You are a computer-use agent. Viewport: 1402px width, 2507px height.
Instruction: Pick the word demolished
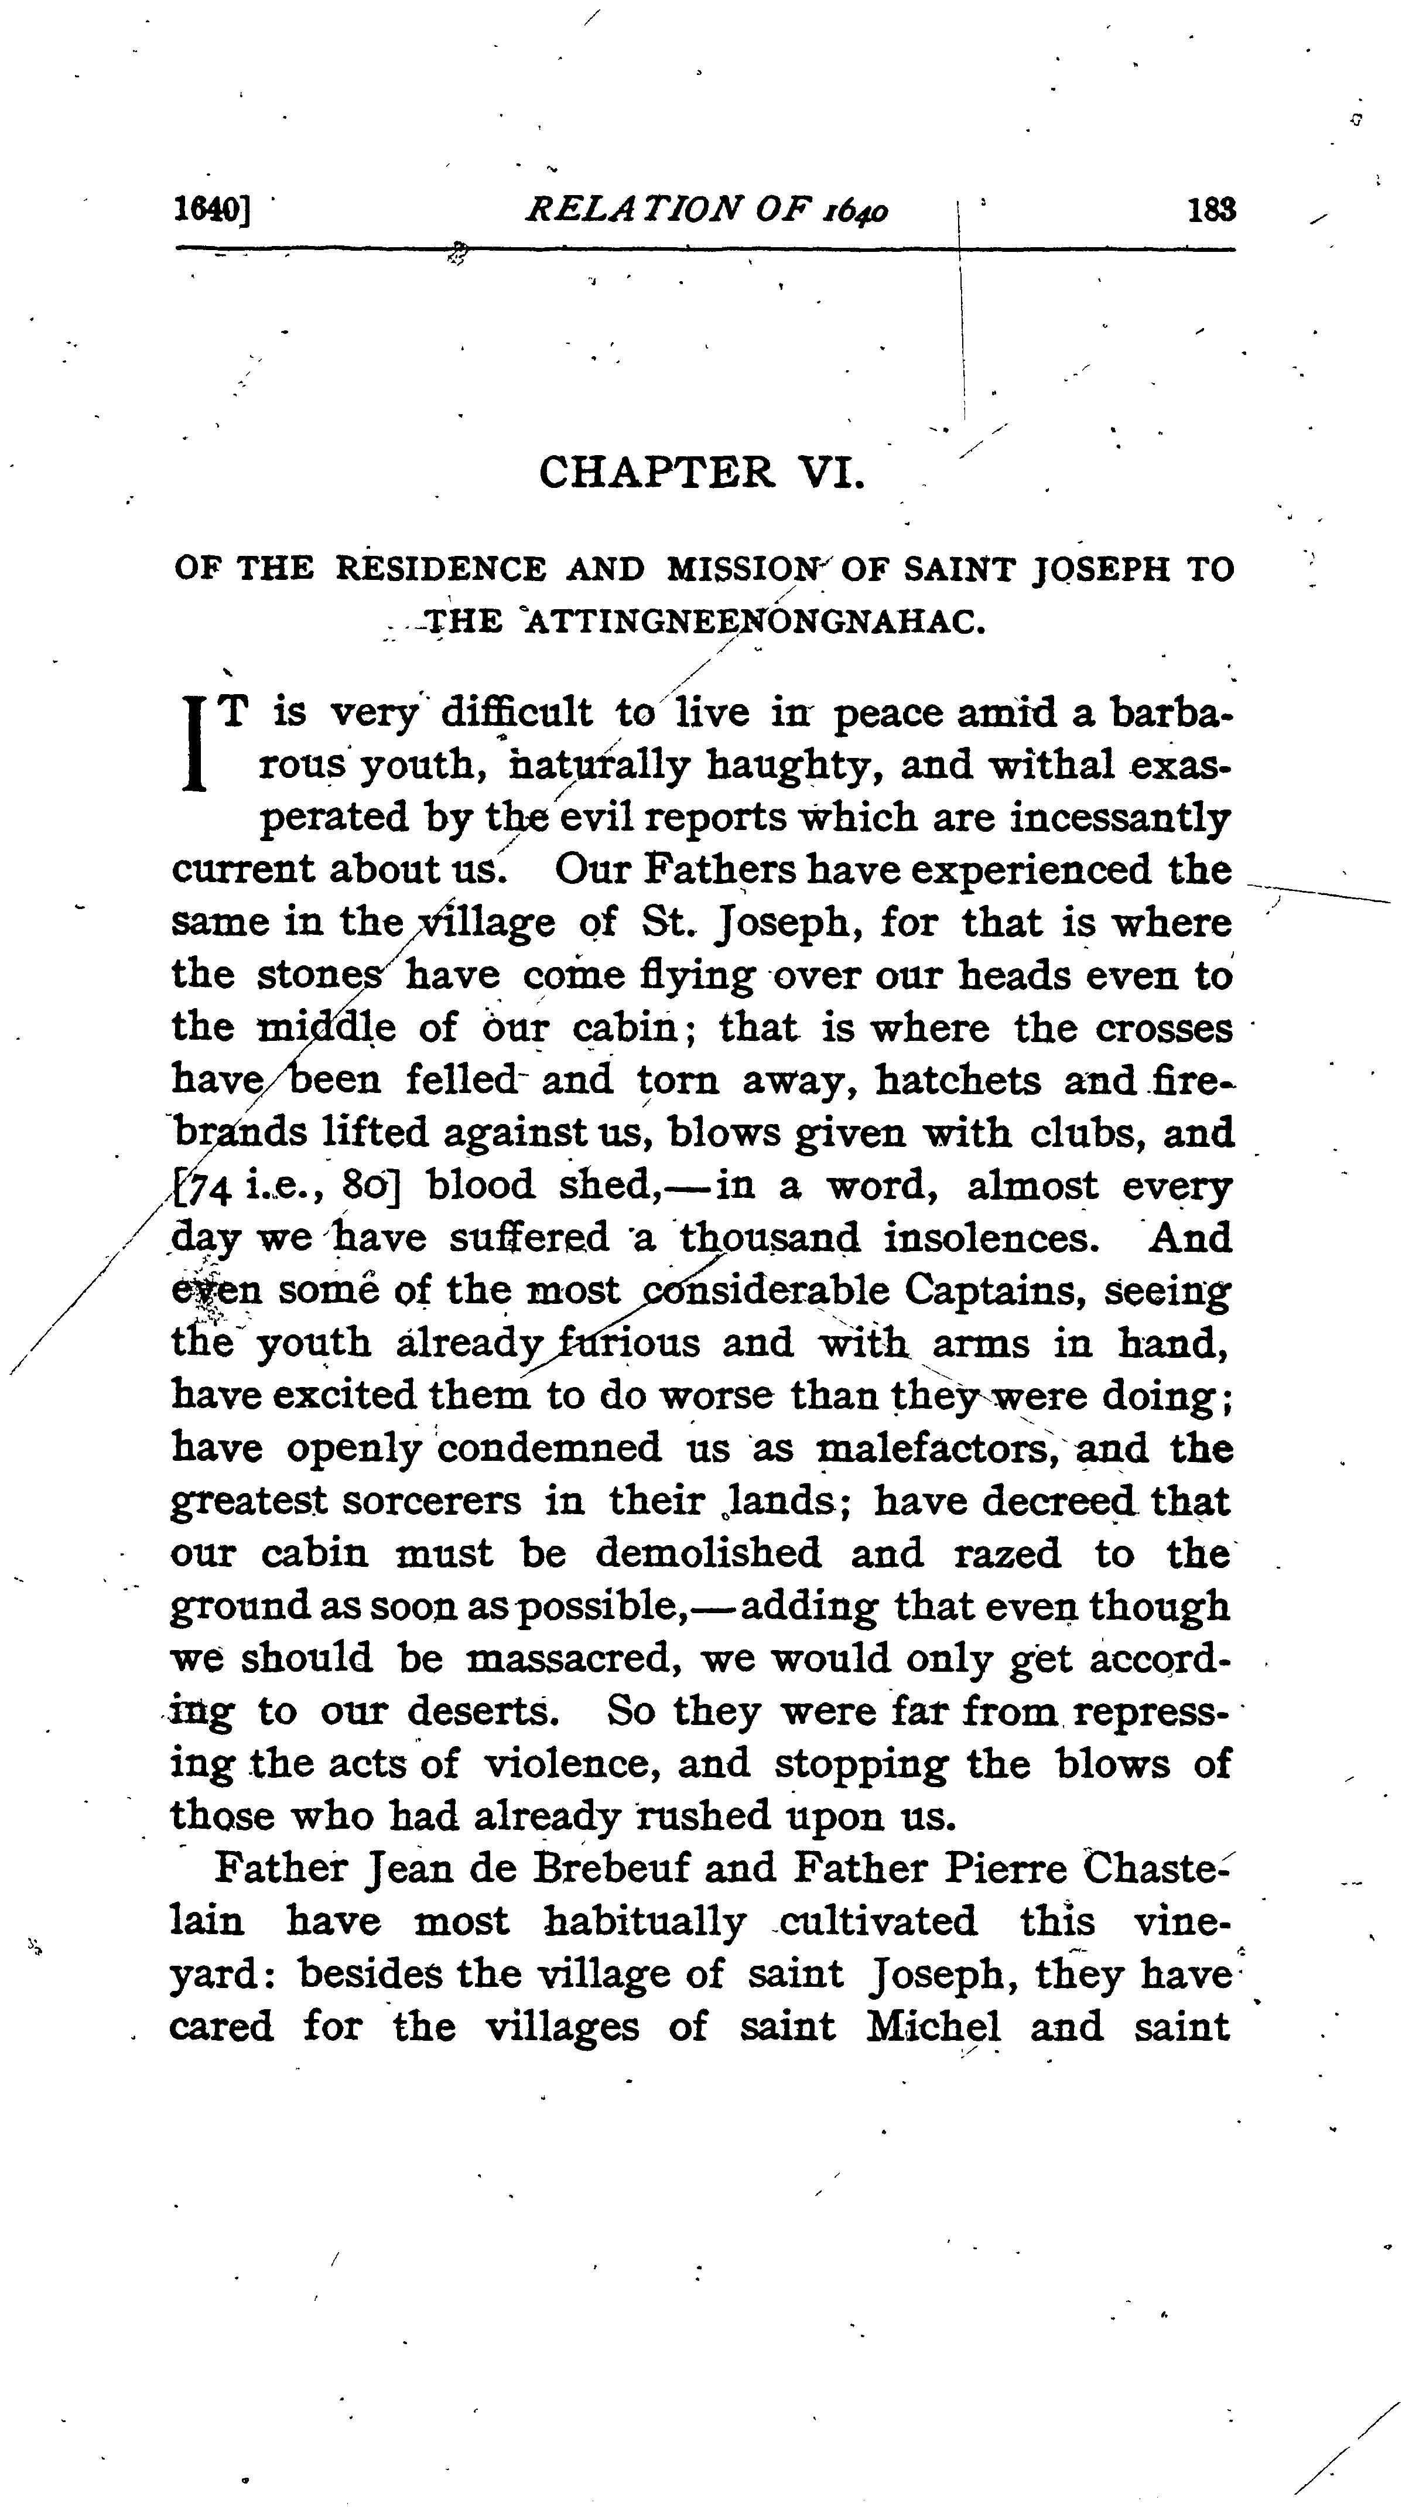(708, 1553)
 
